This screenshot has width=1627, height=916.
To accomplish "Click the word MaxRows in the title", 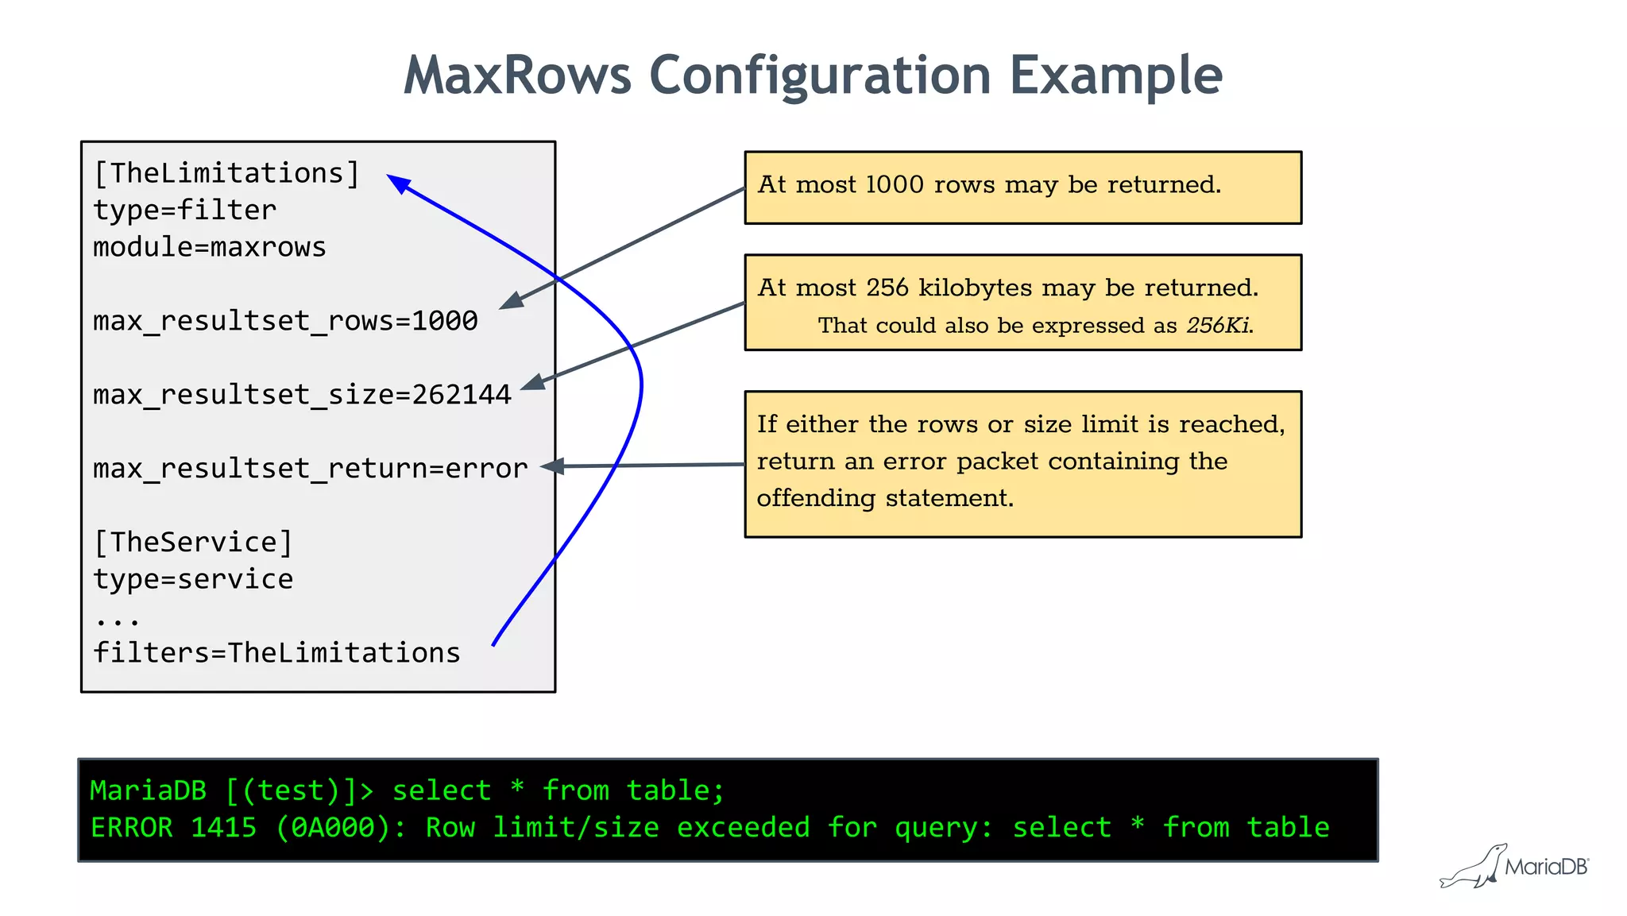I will pos(517,76).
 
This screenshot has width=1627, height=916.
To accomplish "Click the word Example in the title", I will pos(1115,76).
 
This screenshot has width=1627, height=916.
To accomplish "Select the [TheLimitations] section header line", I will pos(227,173).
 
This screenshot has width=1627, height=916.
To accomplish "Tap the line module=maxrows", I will pos(210,247).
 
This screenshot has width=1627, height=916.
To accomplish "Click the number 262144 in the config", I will pos(462,395).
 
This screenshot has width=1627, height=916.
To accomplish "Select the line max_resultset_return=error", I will pos(310,469).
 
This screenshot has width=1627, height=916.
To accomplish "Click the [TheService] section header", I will pos(193,543).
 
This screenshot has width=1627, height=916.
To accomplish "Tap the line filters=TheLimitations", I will pos(276,653).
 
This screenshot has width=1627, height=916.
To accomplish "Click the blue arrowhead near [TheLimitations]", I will pos(398,184).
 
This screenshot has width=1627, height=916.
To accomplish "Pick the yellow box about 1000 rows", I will pos(1022,187).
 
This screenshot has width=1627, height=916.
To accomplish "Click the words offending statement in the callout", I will pos(885,498).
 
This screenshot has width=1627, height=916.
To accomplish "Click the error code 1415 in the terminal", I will pos(224,828).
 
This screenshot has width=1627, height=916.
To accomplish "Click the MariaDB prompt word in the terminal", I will pos(148,790).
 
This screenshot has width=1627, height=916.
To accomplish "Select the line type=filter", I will pos(185,211).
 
